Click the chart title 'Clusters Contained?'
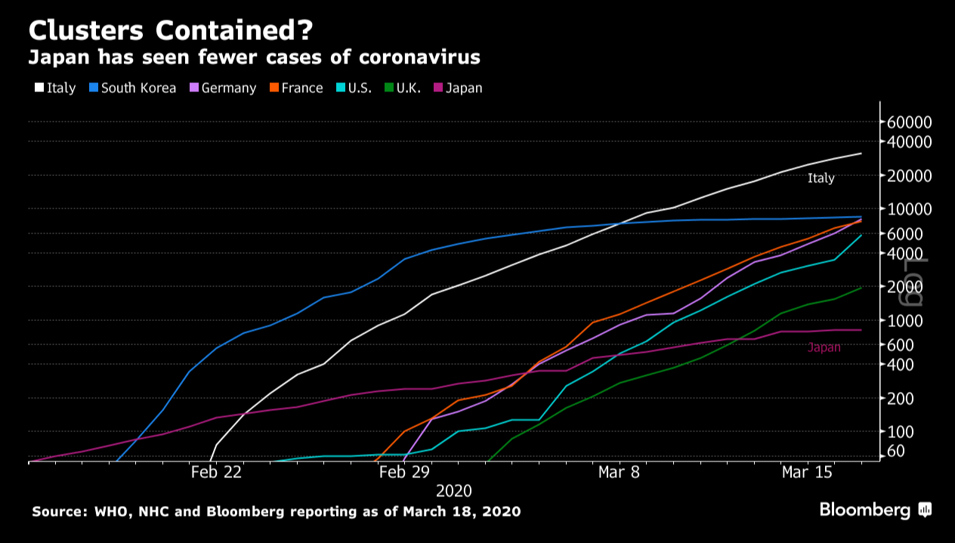(x=170, y=31)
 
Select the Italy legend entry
(x=55, y=88)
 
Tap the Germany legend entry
(x=223, y=88)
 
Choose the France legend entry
(x=296, y=88)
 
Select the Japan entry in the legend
(x=458, y=88)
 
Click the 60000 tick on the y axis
(x=910, y=122)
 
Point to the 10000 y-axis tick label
(x=910, y=209)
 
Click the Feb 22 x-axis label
(x=216, y=472)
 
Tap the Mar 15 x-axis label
(x=807, y=472)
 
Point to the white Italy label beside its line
(x=821, y=179)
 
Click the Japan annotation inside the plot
(x=824, y=347)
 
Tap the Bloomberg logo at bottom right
(x=875, y=511)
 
